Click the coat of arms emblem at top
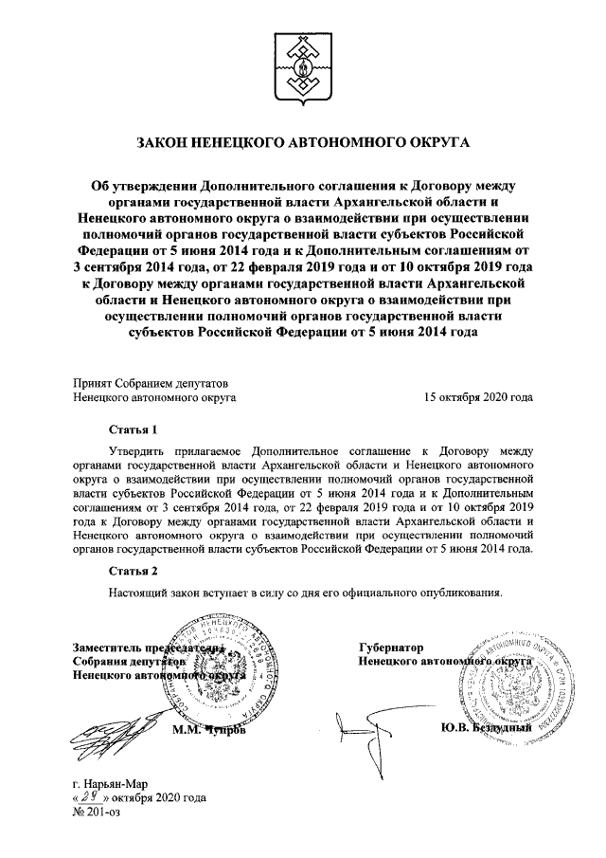pos(302,64)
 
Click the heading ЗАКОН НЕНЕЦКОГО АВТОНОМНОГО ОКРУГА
pos(303,143)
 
